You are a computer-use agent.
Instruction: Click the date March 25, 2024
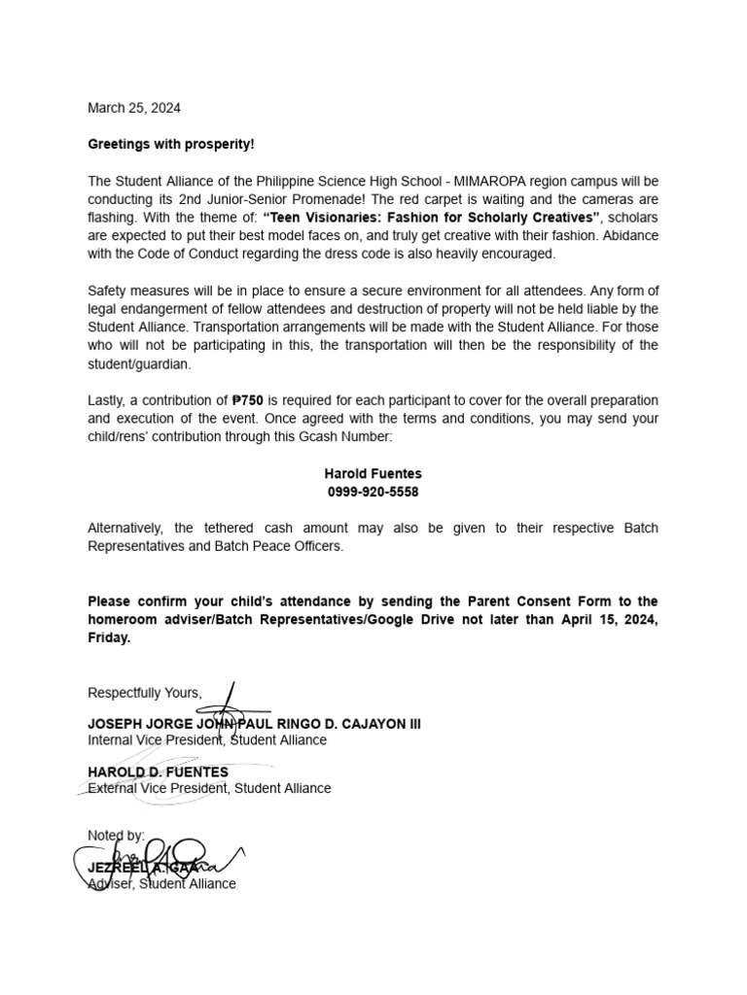pyautogui.click(x=134, y=108)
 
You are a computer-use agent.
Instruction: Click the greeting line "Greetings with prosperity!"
pyautogui.click(x=171, y=144)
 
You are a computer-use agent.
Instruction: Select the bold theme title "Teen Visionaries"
pyautogui.click(x=322, y=217)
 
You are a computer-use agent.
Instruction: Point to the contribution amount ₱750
pyautogui.click(x=248, y=400)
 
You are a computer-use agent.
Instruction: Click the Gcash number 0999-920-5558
pyautogui.click(x=373, y=492)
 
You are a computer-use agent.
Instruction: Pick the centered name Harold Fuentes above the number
pyautogui.click(x=373, y=473)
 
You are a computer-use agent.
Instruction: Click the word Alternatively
pyautogui.click(x=125, y=528)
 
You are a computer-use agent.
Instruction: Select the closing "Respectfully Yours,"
pyautogui.click(x=145, y=693)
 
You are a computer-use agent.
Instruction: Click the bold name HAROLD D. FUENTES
pyautogui.click(x=158, y=772)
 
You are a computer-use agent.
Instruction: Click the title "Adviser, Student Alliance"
pyautogui.click(x=161, y=883)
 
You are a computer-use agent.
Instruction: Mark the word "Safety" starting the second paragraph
pyautogui.click(x=108, y=291)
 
